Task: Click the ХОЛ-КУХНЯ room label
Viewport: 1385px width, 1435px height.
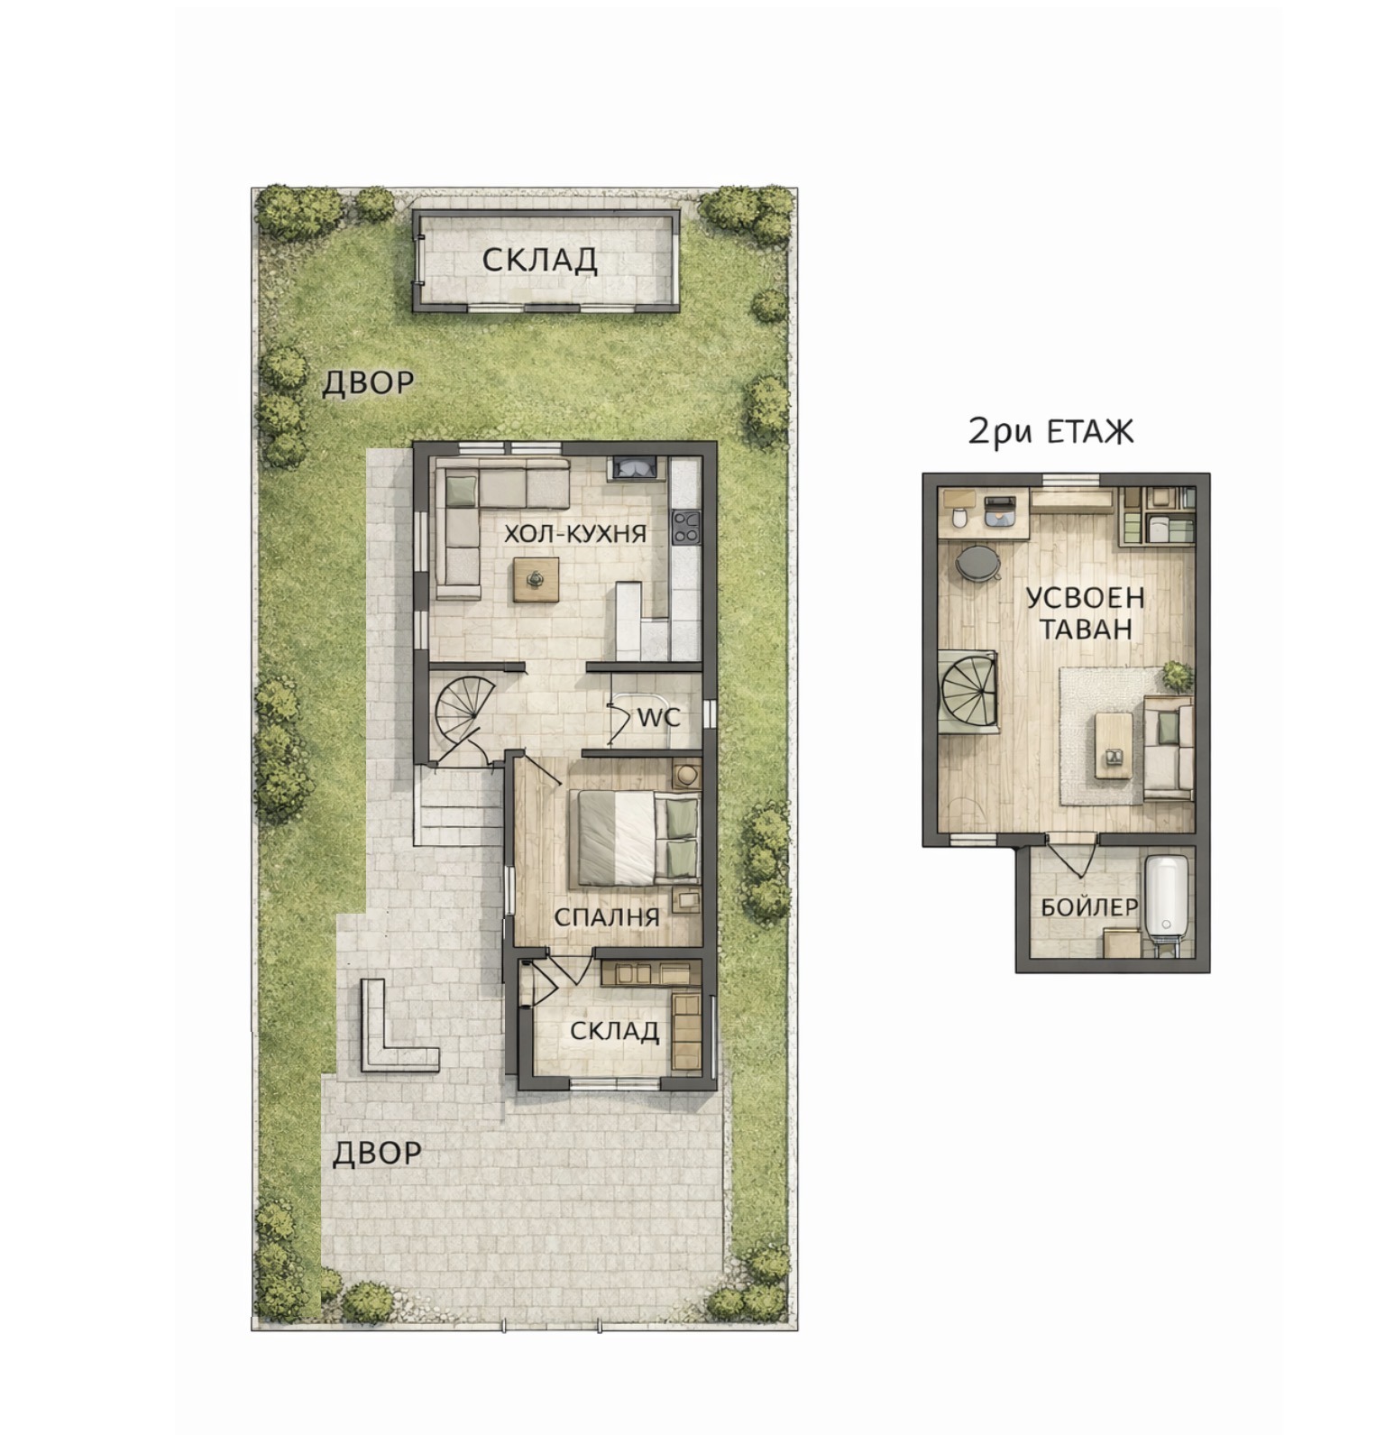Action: (574, 533)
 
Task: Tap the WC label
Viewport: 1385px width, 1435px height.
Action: (658, 718)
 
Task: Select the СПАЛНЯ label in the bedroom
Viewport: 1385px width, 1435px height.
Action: (606, 917)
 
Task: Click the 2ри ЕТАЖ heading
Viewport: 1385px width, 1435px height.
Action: (1050, 432)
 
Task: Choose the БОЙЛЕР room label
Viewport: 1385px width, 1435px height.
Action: (1089, 906)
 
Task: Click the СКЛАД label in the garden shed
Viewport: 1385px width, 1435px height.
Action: (539, 260)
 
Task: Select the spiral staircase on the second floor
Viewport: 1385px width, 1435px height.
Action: (969, 690)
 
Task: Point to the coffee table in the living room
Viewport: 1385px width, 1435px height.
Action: (536, 579)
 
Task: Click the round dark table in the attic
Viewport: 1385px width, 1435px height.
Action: (977, 563)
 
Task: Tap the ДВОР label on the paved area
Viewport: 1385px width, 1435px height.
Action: (377, 1153)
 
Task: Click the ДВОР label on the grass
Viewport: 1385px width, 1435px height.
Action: (368, 383)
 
